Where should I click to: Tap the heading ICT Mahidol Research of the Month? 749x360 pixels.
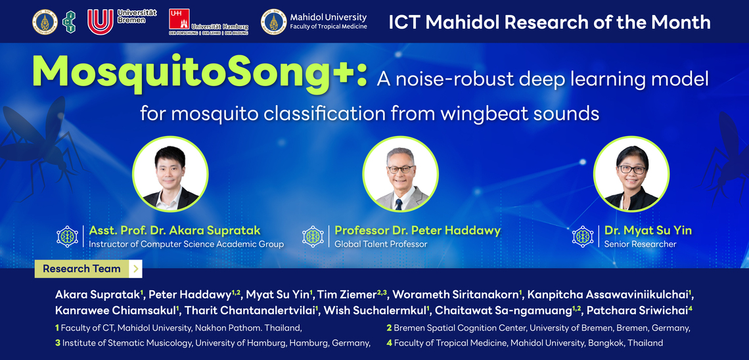click(x=549, y=22)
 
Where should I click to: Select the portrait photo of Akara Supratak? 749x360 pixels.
click(x=170, y=174)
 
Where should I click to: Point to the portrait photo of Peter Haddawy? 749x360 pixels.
click(x=400, y=174)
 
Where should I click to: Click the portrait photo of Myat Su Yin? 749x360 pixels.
click(x=631, y=174)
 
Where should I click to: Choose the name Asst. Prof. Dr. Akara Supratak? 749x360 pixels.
click(x=175, y=231)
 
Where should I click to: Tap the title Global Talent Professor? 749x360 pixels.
click(x=380, y=244)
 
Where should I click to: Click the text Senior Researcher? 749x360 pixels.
click(x=640, y=244)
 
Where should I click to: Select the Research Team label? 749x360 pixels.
click(x=81, y=269)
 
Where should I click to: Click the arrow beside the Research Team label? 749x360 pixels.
click(x=135, y=269)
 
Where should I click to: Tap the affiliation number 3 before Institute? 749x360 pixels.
click(x=58, y=343)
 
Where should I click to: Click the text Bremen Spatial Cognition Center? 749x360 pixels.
click(x=460, y=328)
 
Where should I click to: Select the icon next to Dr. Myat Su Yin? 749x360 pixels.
click(x=583, y=236)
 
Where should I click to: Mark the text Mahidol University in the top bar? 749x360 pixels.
click(x=328, y=17)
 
